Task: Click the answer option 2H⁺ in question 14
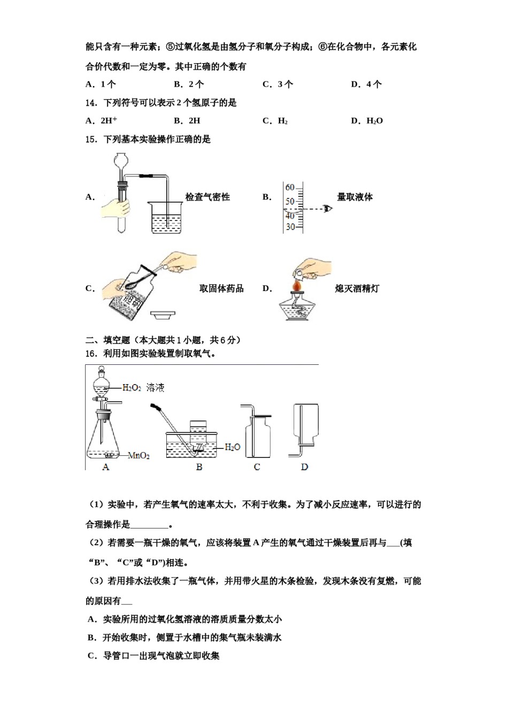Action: point(109,121)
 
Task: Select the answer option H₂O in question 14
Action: point(374,121)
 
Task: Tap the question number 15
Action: point(91,140)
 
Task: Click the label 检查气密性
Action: point(207,197)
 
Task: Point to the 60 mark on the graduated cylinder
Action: point(289,188)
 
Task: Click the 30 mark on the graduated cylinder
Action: point(290,227)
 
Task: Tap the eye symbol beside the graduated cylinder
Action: point(327,209)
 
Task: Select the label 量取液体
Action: point(355,197)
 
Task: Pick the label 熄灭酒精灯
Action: point(357,289)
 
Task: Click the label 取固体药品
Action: point(221,289)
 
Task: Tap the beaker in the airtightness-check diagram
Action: point(167,218)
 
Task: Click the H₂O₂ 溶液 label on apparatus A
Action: point(143,388)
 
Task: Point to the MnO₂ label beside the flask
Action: point(138,456)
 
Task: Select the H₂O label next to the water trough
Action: point(232,447)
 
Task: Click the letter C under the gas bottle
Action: point(257,467)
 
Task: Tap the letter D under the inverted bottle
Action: point(304,467)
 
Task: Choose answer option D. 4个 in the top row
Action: point(366,85)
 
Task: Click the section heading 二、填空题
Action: point(107,340)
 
